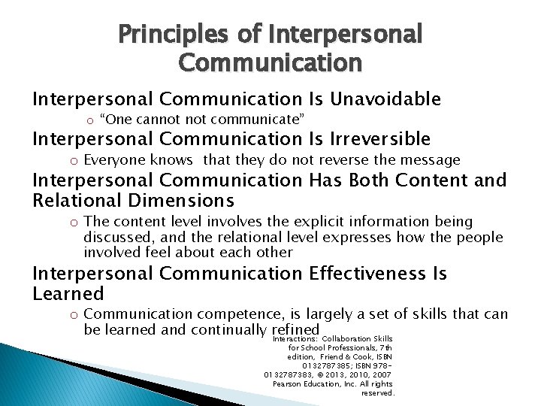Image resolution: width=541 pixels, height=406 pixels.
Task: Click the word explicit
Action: [275, 222]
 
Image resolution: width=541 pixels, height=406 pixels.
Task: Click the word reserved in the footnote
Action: [377, 392]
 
